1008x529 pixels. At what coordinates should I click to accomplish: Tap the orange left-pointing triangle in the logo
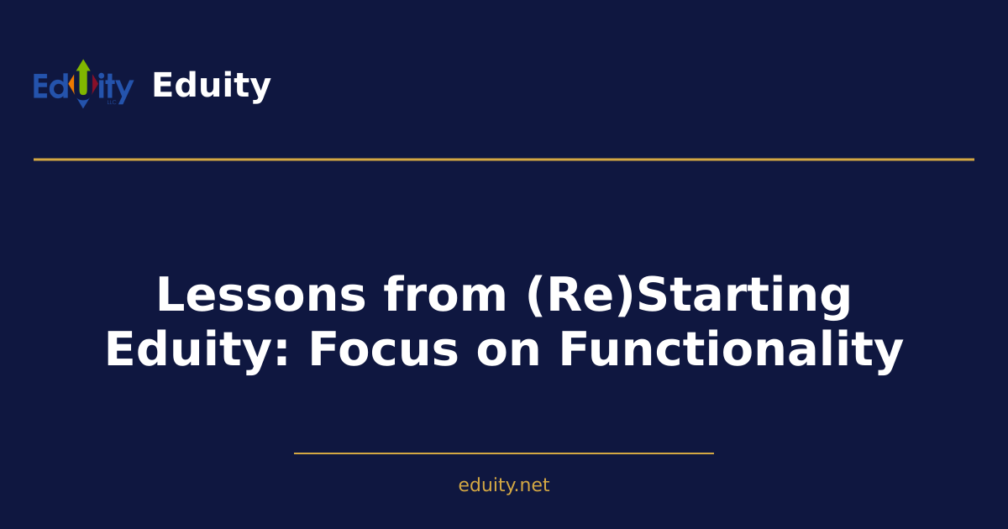72,86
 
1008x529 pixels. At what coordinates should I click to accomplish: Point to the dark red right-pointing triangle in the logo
95,86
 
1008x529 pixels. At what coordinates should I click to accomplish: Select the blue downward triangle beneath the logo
83,103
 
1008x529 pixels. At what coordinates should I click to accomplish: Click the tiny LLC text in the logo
111,102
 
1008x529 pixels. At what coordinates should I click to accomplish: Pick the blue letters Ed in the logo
50,87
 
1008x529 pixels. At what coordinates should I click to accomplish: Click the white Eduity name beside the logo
211,86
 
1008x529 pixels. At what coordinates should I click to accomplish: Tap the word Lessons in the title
261,296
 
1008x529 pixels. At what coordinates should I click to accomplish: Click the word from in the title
445,296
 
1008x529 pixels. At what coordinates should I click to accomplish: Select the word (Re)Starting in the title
688,296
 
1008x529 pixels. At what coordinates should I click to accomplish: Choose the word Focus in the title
383,349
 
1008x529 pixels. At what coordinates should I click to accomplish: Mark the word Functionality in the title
731,349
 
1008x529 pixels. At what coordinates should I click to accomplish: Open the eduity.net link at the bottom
504,485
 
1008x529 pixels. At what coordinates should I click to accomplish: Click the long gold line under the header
504,159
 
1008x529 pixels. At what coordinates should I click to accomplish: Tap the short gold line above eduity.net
504,453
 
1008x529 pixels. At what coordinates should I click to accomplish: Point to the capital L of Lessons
171,296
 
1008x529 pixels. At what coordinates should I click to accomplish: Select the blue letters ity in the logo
116,87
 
